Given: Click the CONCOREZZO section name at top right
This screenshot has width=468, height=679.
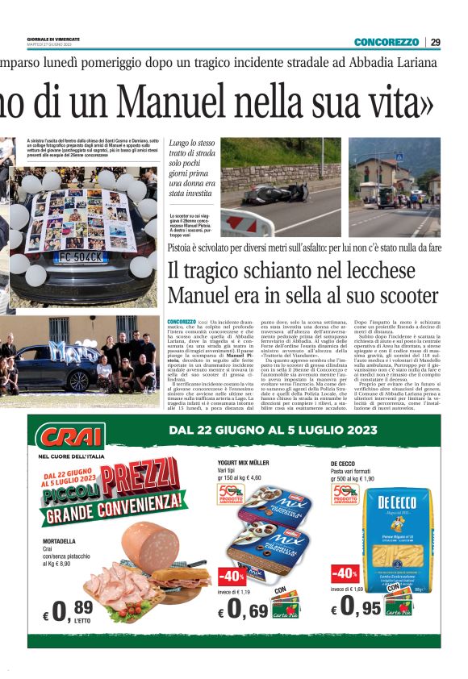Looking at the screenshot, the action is (387, 42).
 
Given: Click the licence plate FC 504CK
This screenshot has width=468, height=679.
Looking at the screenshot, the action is (81, 257).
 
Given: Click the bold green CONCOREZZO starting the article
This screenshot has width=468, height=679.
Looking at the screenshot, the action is (182, 321).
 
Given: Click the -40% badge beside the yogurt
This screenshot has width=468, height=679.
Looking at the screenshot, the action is (232, 577).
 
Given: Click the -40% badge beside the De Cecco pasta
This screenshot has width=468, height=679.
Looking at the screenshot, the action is (344, 573).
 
